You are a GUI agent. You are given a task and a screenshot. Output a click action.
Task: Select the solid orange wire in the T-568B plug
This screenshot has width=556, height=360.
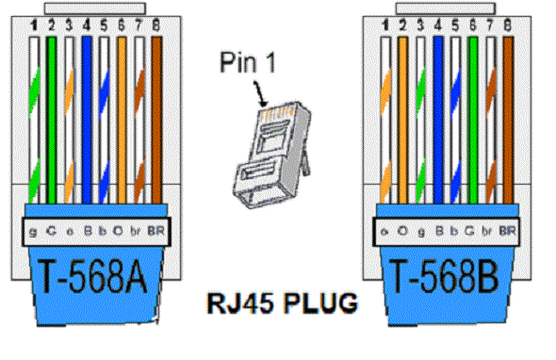click(x=402, y=113)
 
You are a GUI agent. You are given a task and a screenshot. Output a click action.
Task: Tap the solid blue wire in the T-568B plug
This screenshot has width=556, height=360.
click(x=439, y=113)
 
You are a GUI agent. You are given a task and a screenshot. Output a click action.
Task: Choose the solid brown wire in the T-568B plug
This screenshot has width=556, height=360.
click(x=509, y=113)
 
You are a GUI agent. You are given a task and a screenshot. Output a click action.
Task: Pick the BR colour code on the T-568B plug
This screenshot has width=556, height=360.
click(x=507, y=228)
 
